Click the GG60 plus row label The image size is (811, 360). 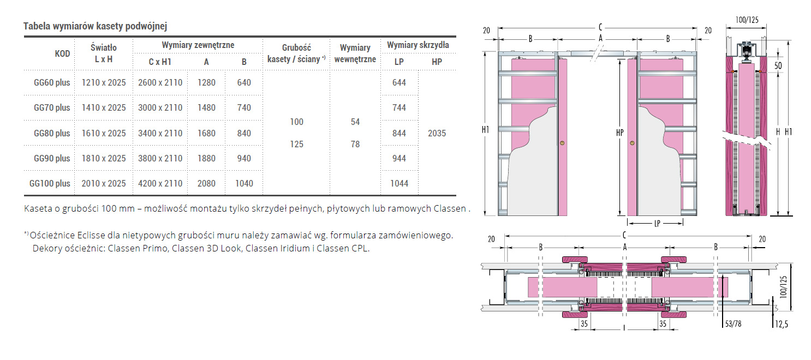pos(52,82)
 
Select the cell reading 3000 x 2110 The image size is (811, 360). pos(160,108)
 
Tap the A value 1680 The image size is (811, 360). pos(206,133)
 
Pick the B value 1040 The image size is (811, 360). pos(244,183)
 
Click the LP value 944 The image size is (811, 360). pos(399,159)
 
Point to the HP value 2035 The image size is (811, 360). pos(437,133)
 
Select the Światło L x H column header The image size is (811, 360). pos(104,53)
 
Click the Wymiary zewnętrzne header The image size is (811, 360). pos(198,45)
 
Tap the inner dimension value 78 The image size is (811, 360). pos(355,145)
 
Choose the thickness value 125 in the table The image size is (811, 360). pos(296,145)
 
